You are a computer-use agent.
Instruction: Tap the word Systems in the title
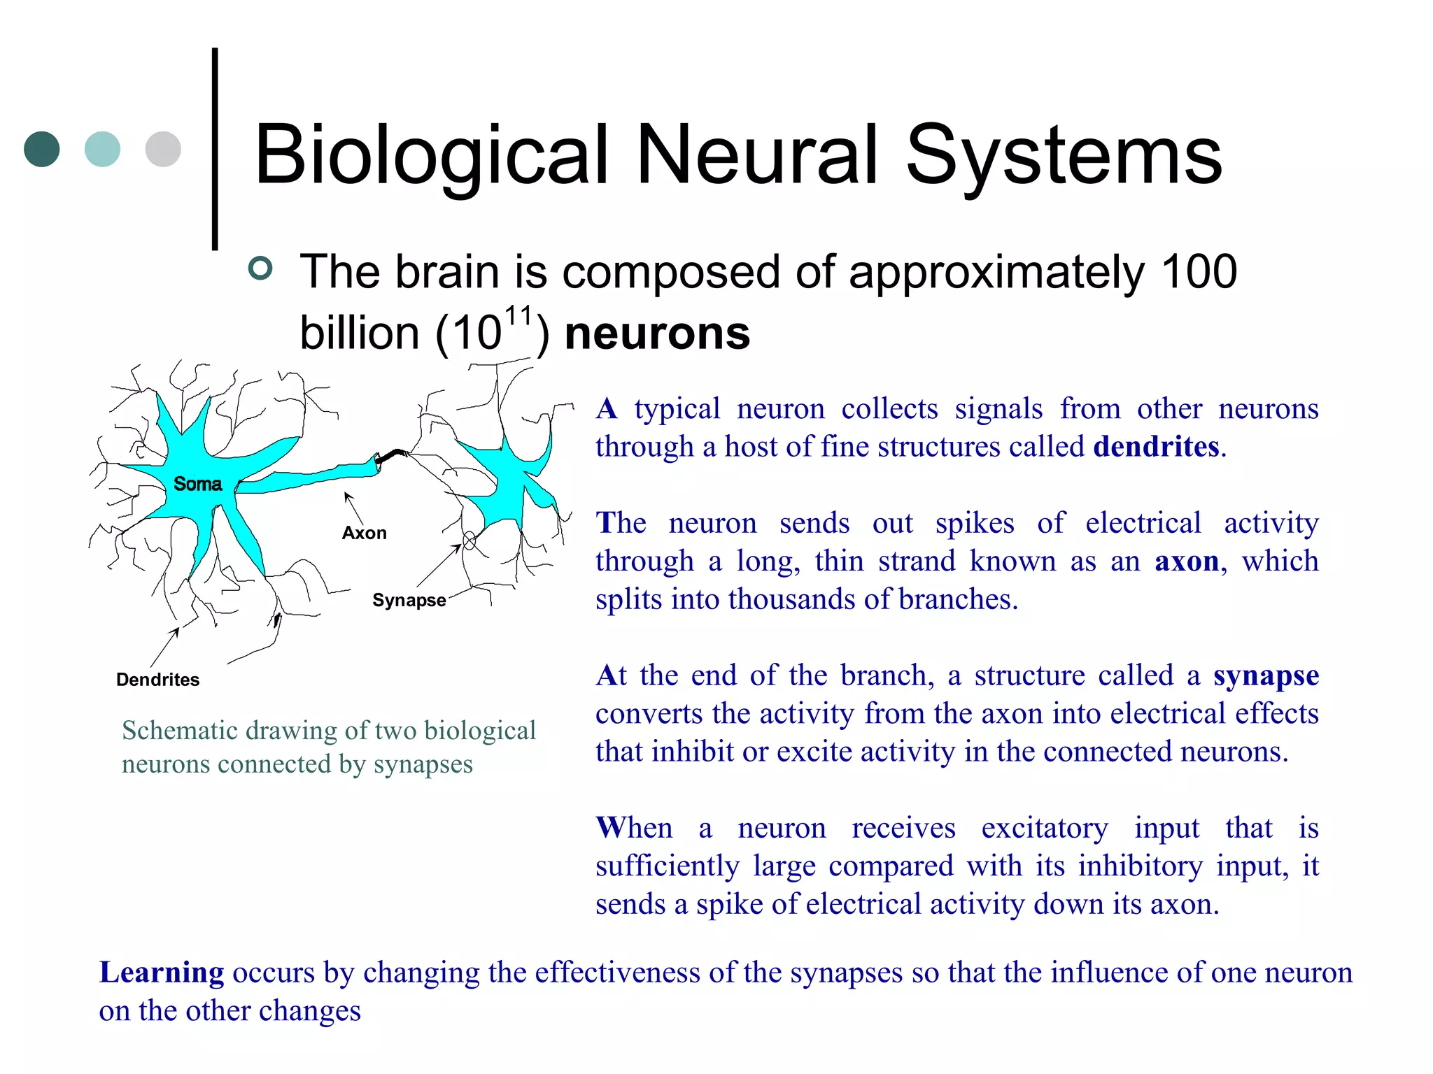pyautogui.click(x=1064, y=155)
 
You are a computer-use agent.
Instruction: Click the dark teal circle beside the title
pyautogui.click(x=42, y=149)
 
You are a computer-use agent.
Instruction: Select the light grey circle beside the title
pyautogui.click(x=163, y=149)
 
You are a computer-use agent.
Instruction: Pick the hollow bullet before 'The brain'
pyautogui.click(x=260, y=268)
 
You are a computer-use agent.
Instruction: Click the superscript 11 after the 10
pyautogui.click(x=518, y=316)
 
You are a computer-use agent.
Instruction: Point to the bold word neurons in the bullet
pyautogui.click(x=657, y=333)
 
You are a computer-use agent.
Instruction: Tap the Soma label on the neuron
pyautogui.click(x=197, y=484)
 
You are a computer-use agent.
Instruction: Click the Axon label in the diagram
pyautogui.click(x=364, y=533)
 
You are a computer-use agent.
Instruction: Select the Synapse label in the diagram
pyautogui.click(x=409, y=600)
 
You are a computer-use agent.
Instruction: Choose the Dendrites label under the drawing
pyautogui.click(x=157, y=680)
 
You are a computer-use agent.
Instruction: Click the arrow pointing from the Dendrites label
pyautogui.click(x=165, y=647)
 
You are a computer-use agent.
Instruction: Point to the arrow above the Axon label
pyautogui.click(x=353, y=508)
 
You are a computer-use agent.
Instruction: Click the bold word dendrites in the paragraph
pyautogui.click(x=1156, y=447)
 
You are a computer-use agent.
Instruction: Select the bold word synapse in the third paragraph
pyautogui.click(x=1266, y=675)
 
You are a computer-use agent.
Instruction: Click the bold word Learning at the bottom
pyautogui.click(x=162, y=973)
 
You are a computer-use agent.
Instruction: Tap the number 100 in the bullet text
pyautogui.click(x=1199, y=271)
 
